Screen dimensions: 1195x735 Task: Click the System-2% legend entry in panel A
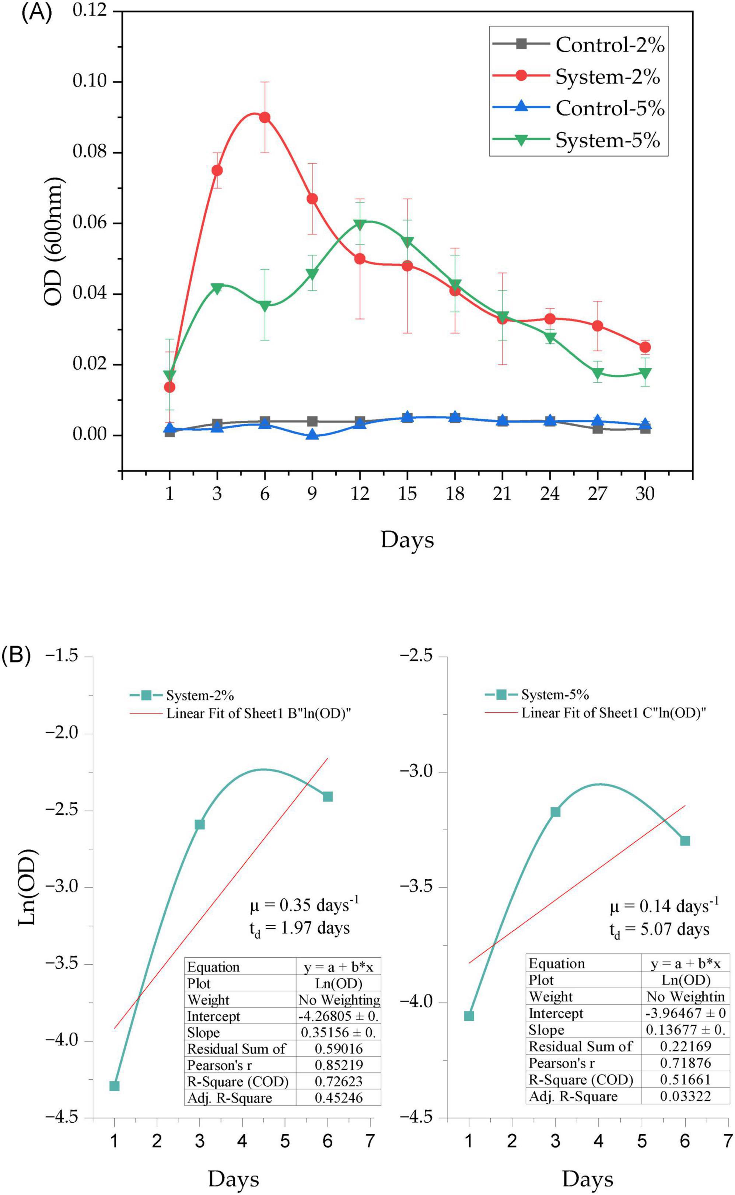click(x=607, y=76)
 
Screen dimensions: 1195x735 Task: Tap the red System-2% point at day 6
click(x=265, y=118)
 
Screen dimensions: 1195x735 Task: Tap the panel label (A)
click(x=35, y=13)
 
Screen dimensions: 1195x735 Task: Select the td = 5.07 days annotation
click(x=659, y=930)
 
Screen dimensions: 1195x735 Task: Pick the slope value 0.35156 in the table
click(x=338, y=1018)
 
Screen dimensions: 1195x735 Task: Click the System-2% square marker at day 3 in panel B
click(x=200, y=825)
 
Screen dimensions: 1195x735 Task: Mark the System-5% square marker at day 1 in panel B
click(x=469, y=1003)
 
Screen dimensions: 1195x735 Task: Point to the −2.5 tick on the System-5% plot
click(x=416, y=656)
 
